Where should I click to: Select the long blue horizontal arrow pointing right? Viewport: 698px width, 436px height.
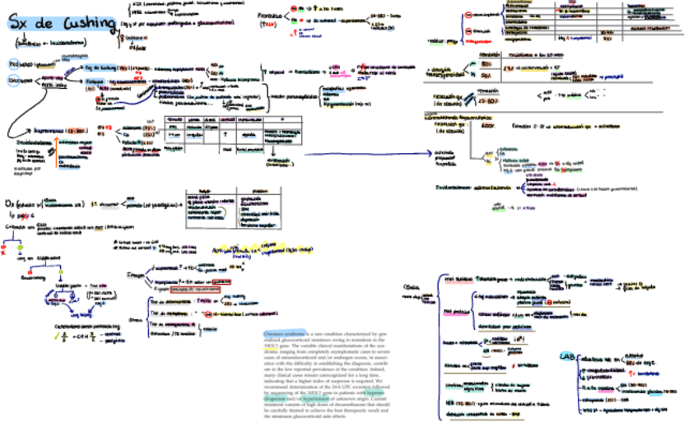point(362,153)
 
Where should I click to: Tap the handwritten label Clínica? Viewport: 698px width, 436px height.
point(413,287)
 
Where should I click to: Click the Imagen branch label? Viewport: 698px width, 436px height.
point(137,274)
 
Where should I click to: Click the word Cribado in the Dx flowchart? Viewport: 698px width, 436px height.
point(15,225)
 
